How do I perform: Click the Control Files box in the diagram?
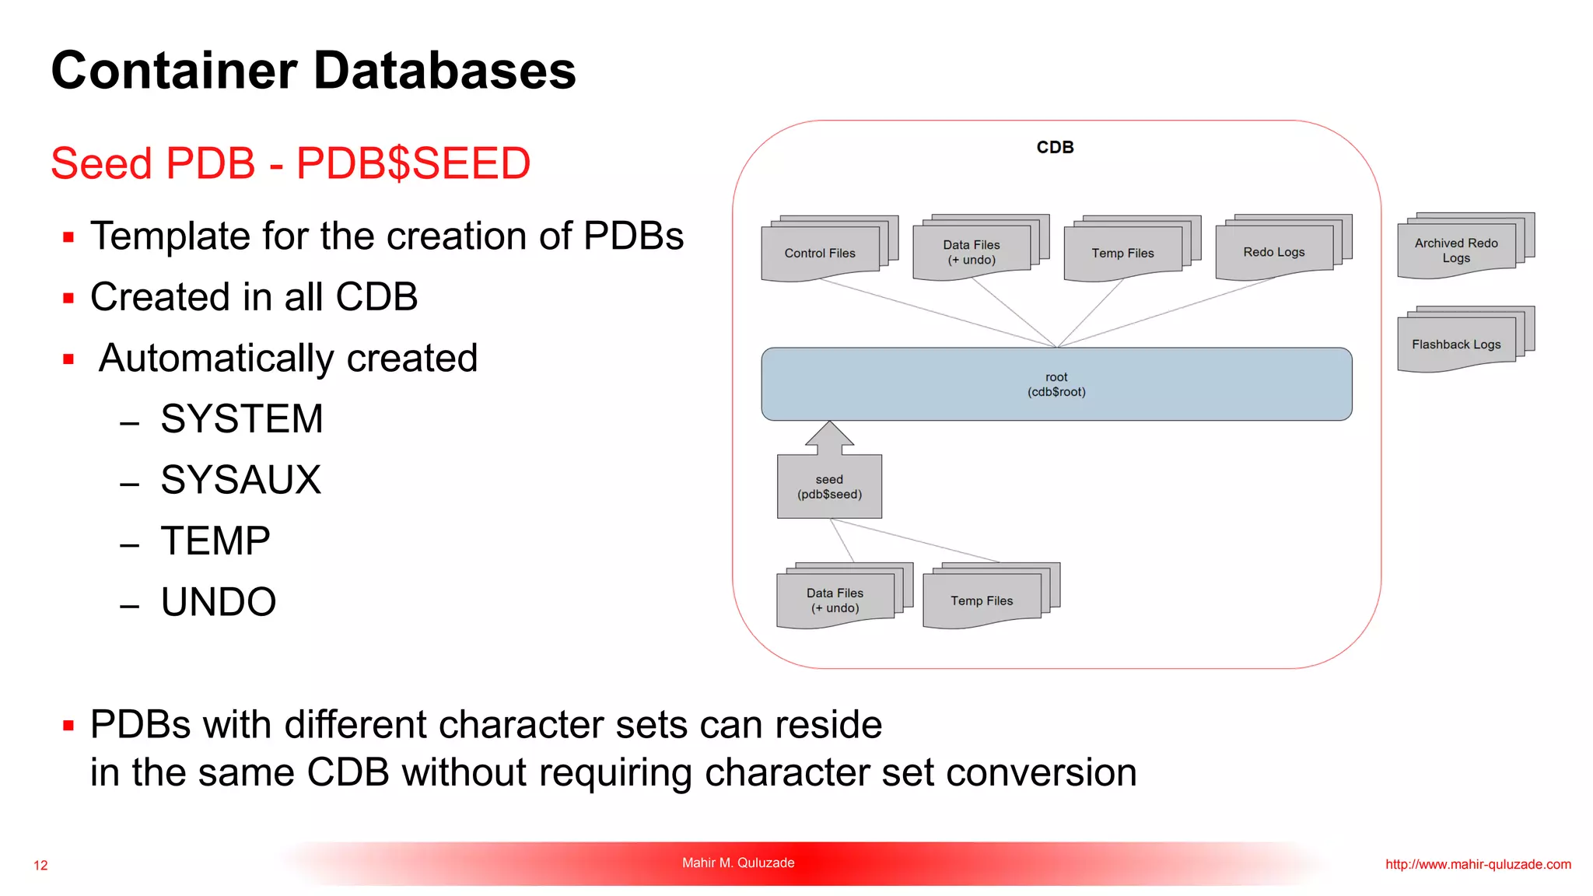click(820, 253)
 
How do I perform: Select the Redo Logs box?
click(1273, 252)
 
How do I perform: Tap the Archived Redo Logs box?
click(1456, 250)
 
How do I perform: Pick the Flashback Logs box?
click(1456, 344)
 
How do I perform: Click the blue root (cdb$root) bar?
click(1056, 384)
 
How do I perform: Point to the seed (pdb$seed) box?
click(829, 487)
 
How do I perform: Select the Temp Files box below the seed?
click(982, 600)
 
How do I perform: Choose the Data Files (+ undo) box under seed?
click(835, 600)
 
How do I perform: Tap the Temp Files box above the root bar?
click(1122, 253)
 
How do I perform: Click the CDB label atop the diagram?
click(1055, 147)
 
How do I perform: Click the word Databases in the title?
click(444, 70)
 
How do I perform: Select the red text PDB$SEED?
click(413, 163)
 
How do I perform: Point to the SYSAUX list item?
click(240, 480)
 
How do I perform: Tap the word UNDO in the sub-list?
click(219, 602)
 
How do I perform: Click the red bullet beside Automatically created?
click(68, 359)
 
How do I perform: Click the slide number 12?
click(40, 865)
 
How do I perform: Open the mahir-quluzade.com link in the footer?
click(1478, 864)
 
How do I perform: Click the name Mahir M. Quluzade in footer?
click(738, 863)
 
